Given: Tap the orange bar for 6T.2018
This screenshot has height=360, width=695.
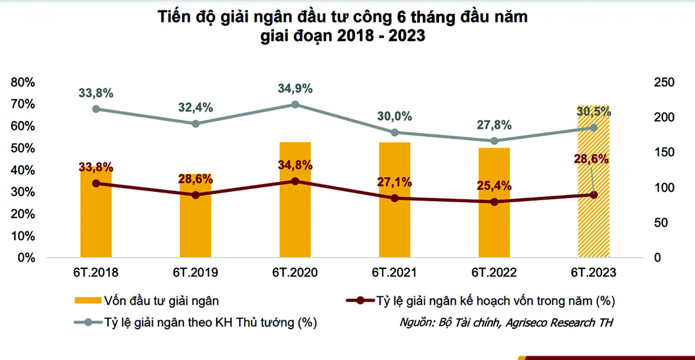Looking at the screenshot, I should coord(96,221).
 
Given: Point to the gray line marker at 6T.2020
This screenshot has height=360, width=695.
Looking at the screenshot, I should coord(295,105).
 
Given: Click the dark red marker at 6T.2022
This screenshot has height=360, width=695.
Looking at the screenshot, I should coord(494,202).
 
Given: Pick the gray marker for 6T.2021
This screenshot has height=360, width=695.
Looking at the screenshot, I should coord(394,132).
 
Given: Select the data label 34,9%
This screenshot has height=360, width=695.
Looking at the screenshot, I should coord(295,89).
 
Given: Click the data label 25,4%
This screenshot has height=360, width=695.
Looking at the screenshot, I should coord(494,186).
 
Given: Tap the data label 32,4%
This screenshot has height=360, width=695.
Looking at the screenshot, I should coord(195,107).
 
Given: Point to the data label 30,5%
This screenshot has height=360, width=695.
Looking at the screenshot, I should coord(594,112).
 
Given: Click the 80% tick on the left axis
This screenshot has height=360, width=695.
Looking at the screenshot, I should coord(23,82).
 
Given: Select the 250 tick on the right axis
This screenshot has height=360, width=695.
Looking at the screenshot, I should coord(664,82).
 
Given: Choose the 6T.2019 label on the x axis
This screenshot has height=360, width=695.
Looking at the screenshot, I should coord(195,272).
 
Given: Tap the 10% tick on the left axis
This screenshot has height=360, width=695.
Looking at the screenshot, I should coord(23,236).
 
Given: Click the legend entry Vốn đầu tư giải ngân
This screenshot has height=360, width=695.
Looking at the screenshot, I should coord(161,301).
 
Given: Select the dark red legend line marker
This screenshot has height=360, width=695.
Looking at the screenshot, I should coord(360,301).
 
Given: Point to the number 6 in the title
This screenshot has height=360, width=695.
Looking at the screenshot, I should coord(401,17).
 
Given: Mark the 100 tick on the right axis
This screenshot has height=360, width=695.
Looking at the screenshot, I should coord(664,188).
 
